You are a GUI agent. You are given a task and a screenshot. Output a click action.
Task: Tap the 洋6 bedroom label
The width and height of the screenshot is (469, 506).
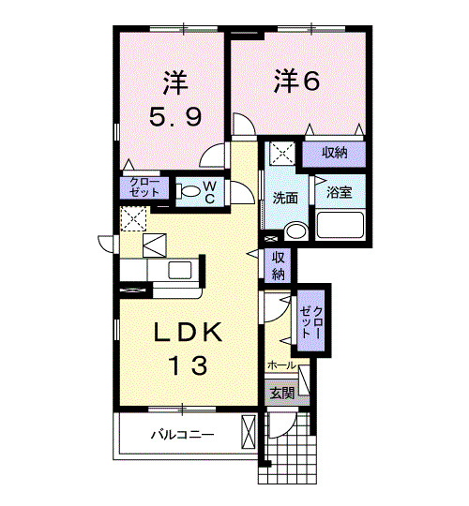tap(297, 82)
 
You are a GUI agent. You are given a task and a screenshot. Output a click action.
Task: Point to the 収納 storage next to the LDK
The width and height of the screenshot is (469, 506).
tap(279, 266)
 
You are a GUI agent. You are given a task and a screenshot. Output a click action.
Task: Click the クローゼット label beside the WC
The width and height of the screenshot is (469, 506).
tap(144, 186)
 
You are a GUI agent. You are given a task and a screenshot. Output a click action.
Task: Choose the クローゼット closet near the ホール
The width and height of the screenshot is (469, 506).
tap(311, 322)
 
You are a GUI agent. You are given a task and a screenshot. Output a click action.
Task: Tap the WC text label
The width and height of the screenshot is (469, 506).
tap(210, 191)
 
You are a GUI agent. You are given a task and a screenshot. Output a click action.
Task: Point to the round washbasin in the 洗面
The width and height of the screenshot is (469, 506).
tap(295, 231)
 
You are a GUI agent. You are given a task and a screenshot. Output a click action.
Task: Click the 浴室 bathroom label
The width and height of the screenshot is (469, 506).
tap(339, 192)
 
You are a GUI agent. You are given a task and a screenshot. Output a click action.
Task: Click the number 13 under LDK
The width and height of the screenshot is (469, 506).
tap(183, 365)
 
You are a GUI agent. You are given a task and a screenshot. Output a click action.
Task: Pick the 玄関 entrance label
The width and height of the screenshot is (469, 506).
tap(281, 393)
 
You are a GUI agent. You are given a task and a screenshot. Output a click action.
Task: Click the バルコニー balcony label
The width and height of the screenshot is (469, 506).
tap(184, 435)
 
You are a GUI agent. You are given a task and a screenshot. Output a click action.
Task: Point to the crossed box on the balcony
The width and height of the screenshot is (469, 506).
tap(248, 434)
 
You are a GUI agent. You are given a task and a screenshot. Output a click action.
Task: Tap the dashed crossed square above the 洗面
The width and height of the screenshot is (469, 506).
tap(281, 154)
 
